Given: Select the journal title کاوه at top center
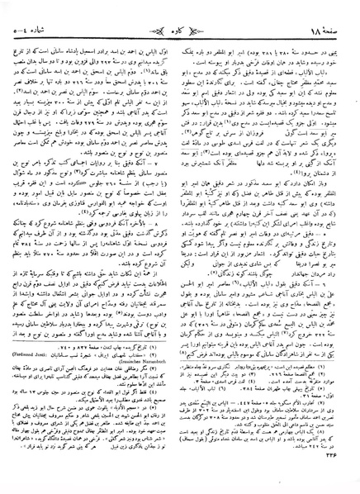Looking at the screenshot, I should [x=179, y=17].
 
